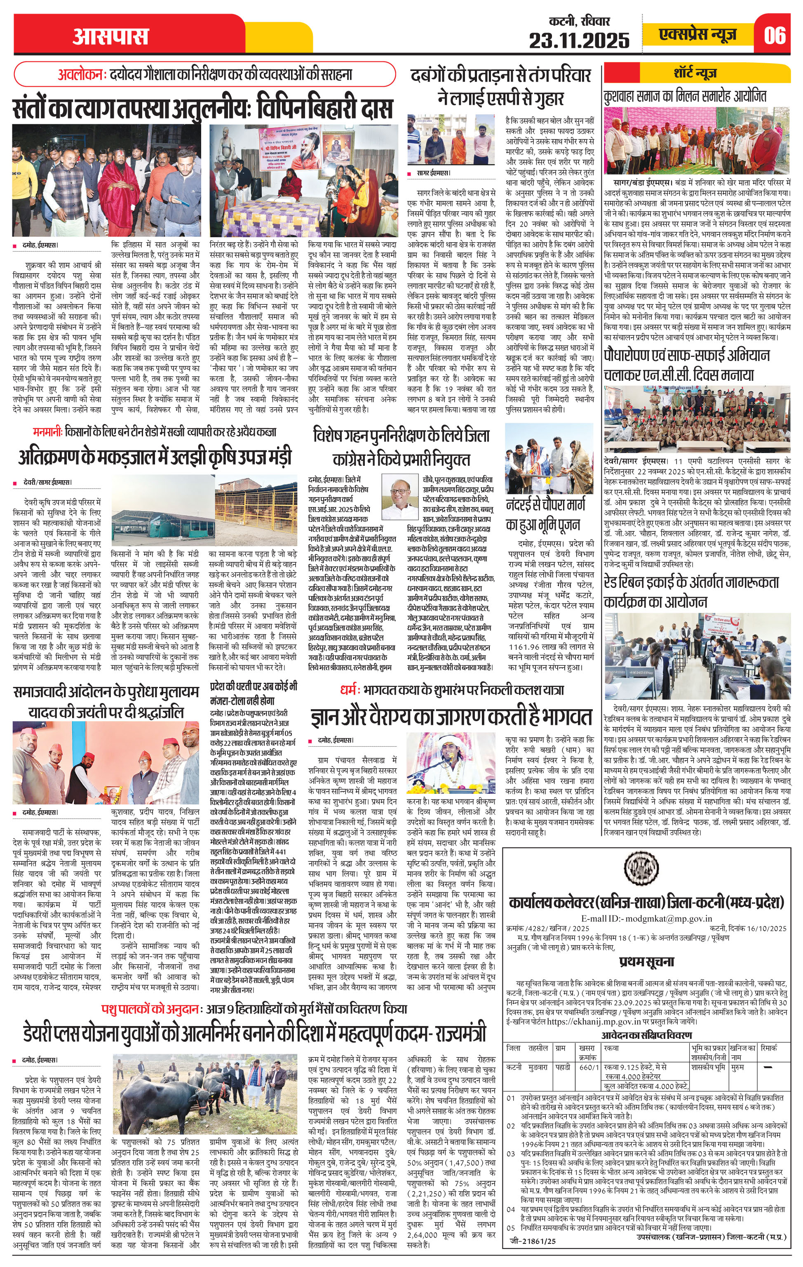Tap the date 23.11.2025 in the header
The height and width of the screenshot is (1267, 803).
[579, 40]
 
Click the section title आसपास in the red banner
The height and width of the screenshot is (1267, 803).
[110, 36]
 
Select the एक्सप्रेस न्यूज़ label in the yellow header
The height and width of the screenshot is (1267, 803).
[697, 35]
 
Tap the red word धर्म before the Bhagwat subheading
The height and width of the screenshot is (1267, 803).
[348, 689]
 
